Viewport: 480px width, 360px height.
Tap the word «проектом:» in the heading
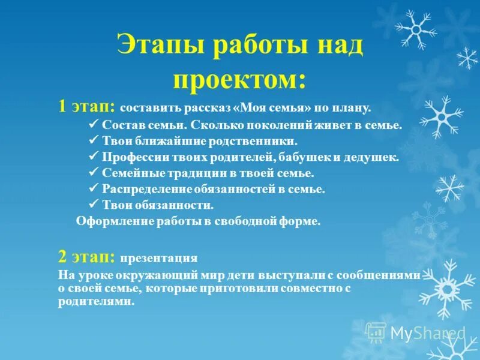pyautogui.click(x=239, y=76)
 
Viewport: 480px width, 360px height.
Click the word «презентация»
pyautogui.click(x=158, y=259)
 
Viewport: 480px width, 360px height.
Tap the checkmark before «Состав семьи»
pyautogui.click(x=93, y=125)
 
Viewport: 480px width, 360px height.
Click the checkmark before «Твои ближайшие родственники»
pyautogui.click(x=93, y=141)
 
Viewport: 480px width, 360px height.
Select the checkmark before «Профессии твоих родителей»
pyautogui.click(x=93, y=157)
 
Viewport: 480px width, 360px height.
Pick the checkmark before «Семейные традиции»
pyautogui.click(x=93, y=173)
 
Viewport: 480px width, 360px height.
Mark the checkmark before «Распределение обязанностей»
pyautogui.click(x=93, y=188)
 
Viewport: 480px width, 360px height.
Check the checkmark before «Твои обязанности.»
pyautogui.click(x=93, y=204)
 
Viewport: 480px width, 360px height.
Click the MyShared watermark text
pyautogui.click(x=428, y=332)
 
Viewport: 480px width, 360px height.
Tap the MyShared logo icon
pyautogui.click(x=376, y=332)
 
